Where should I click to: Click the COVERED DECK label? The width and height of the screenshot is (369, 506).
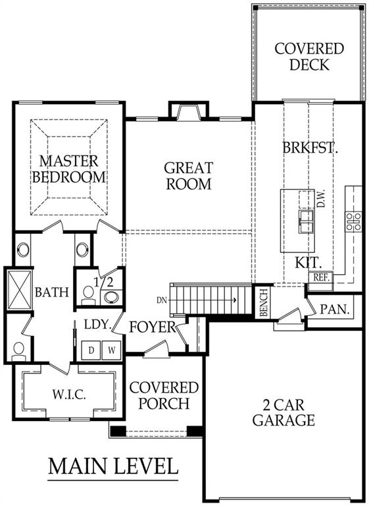pos(308,57)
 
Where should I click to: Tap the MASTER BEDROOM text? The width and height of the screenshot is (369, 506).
pos(69,169)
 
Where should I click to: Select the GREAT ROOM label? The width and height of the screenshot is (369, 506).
pos(187,176)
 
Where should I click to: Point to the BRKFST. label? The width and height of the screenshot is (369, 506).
pos(310,148)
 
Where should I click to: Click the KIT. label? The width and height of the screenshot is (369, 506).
pos(307,262)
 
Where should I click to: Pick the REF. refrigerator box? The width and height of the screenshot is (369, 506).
pos(320,278)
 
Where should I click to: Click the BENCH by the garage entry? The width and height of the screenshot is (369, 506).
pos(263,303)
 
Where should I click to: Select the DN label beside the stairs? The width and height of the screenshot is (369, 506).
pos(162,300)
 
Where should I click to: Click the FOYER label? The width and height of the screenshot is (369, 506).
pos(153,327)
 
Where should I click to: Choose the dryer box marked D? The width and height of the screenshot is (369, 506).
pos(92,349)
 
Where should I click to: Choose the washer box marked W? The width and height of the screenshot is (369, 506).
pos(111,349)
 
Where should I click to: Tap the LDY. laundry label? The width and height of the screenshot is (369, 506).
pos(96,323)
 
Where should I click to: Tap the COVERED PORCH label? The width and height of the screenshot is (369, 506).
pos(164,395)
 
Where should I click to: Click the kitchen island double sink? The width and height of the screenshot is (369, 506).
pos(307,221)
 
